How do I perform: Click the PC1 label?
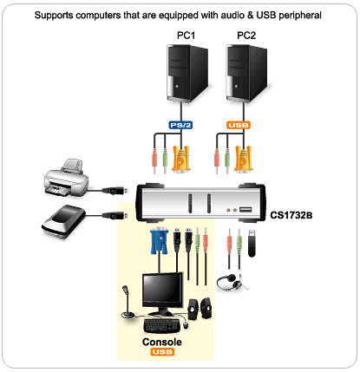pos(186,36)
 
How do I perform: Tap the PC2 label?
pos(246,36)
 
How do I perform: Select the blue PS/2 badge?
pos(180,125)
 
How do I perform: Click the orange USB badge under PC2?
pos(239,125)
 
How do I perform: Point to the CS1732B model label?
pos(291,215)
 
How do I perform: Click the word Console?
pos(162,342)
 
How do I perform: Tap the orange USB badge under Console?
pos(162,352)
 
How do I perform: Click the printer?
pos(66,178)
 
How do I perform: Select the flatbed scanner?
pos(63,221)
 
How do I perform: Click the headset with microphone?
pos(232,282)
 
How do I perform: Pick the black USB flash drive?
pos(252,243)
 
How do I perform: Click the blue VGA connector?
pos(159,241)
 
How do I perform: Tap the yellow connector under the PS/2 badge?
pos(181,159)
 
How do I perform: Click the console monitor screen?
pos(162,290)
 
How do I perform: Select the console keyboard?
pos(162,326)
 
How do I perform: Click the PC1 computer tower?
pos(187,73)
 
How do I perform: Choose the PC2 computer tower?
pos(246,73)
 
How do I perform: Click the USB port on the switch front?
pos(245,210)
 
